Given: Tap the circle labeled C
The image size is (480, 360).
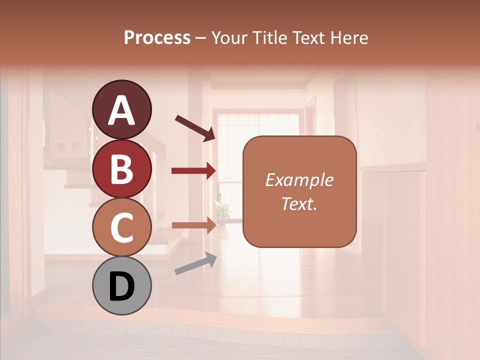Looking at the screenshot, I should coord(121,227).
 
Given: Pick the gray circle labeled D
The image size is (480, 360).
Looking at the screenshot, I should coord(121,285).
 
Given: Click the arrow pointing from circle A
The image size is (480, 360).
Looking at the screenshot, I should coord(195,127).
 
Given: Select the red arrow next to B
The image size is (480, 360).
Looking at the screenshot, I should coord(193,171).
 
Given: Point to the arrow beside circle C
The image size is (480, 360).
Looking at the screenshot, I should coord(193,225).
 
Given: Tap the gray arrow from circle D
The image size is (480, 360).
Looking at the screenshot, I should coord(195,263).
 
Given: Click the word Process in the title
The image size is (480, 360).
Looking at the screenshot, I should coord(157,37).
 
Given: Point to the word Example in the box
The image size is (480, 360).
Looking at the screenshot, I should coord(299,180).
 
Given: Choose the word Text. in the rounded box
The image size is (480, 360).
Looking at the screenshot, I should coord(299,203).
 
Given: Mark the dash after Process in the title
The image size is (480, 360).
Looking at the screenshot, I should coord(200,38).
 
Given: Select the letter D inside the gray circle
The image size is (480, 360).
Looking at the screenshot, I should coord(121,286).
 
